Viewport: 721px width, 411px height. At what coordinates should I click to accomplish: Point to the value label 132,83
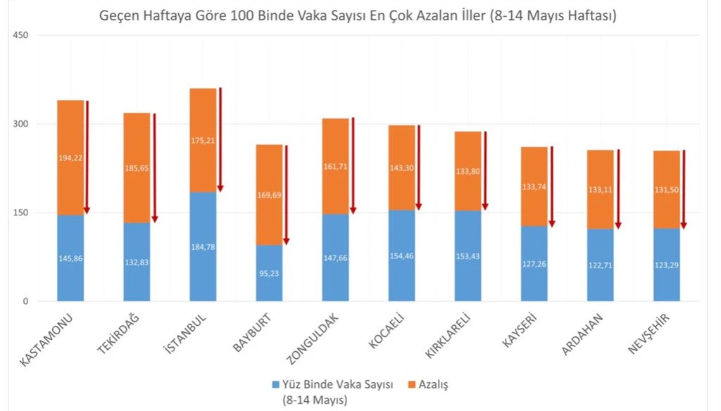coord(137,263)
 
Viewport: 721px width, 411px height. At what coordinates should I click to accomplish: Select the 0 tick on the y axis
coord(24,302)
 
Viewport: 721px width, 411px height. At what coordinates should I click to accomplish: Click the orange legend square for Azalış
coord(412,384)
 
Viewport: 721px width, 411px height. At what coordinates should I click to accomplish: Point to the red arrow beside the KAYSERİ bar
coord(552,186)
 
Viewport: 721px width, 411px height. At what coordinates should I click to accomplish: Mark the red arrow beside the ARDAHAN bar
coord(618,189)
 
